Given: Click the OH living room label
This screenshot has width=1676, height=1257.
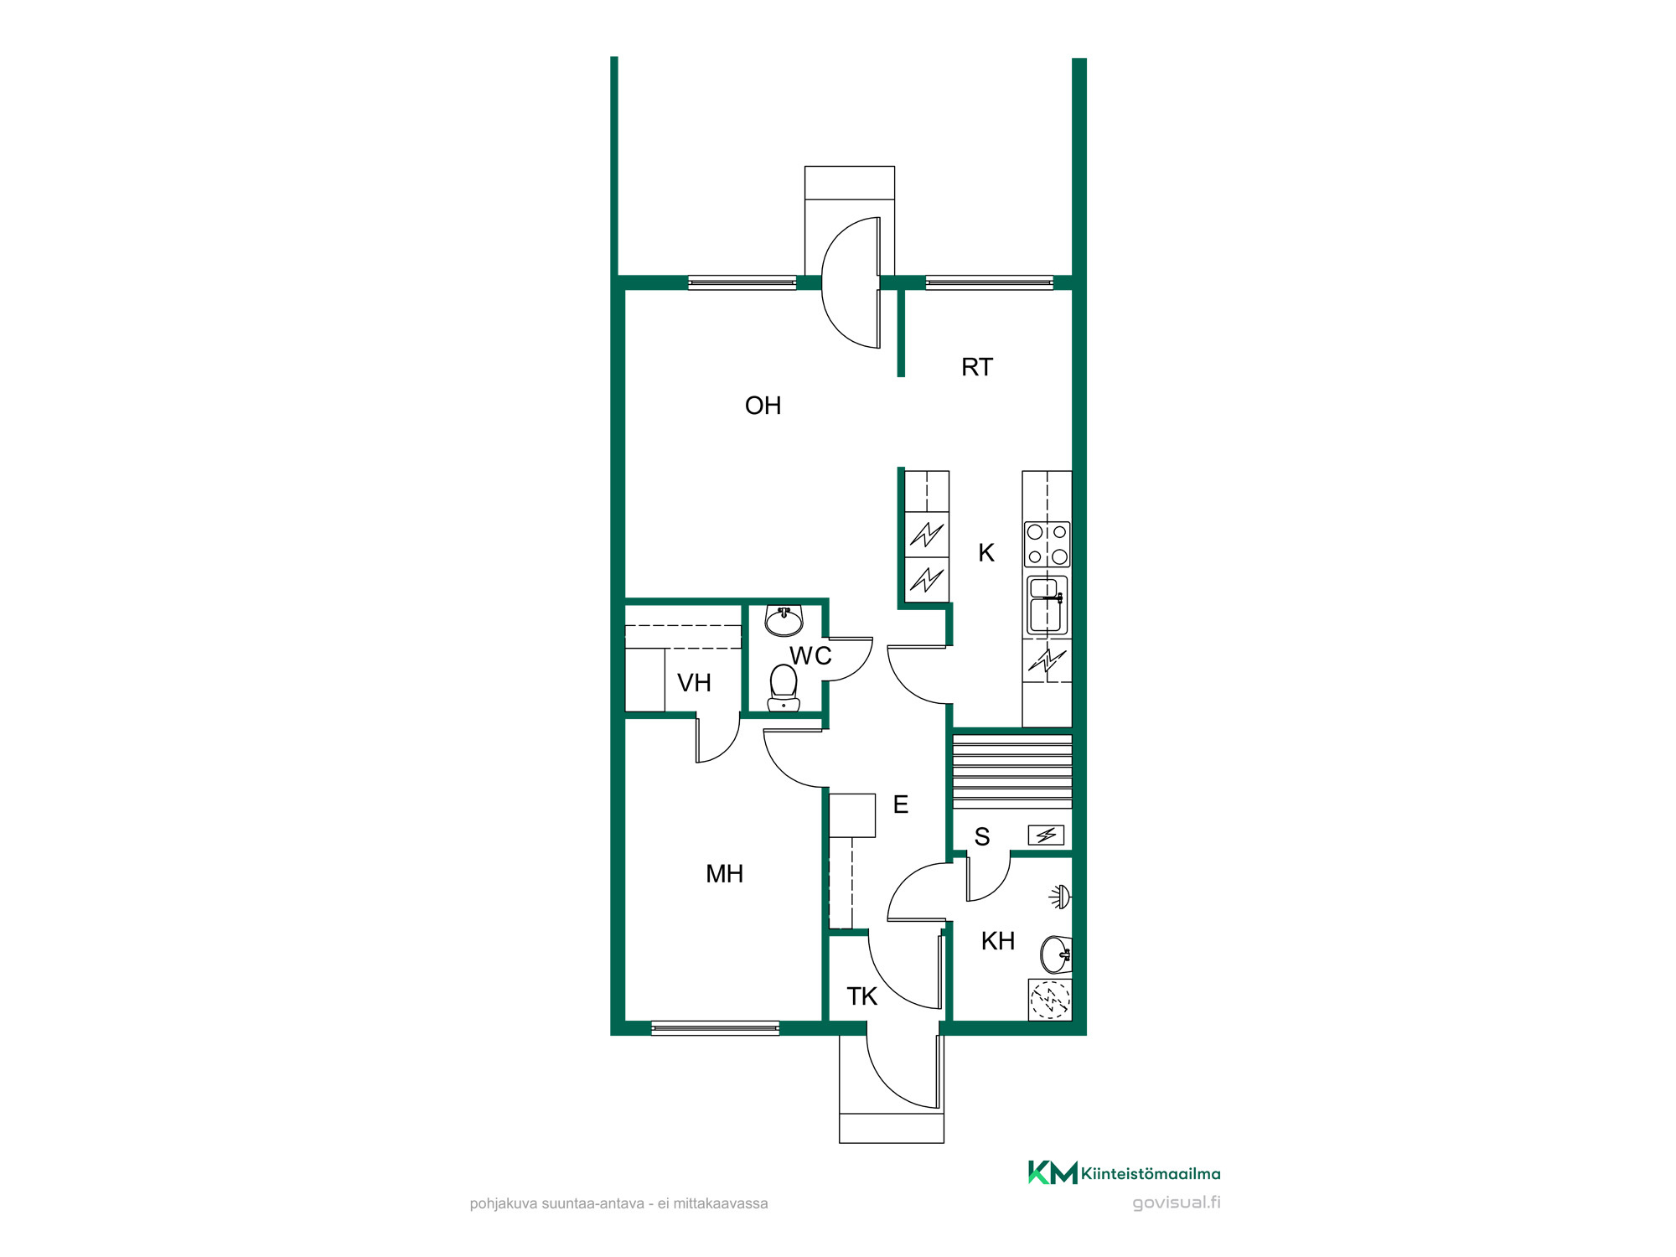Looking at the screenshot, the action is pyautogui.click(x=763, y=406).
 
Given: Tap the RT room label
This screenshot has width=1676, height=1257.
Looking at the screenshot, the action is pyautogui.click(x=976, y=367).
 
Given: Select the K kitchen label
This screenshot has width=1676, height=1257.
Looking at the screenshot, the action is pyautogui.click(x=986, y=553).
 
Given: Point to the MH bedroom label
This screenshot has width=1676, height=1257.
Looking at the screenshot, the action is pyautogui.click(x=724, y=874).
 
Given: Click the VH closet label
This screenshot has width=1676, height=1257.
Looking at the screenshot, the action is pyautogui.click(x=694, y=683).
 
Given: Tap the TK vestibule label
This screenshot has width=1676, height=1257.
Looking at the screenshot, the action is pyautogui.click(x=861, y=996).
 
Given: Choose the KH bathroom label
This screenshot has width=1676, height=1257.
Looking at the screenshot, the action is pyautogui.click(x=997, y=941).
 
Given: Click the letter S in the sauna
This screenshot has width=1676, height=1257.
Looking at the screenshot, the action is pyautogui.click(x=982, y=836).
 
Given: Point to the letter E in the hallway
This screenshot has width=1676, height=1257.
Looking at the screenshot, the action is pyautogui.click(x=901, y=804).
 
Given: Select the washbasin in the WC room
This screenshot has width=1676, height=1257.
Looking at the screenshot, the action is pyautogui.click(x=784, y=621).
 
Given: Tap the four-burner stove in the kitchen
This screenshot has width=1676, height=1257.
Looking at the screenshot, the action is pyautogui.click(x=1047, y=544).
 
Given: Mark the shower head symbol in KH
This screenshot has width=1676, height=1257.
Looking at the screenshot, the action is pyautogui.click(x=1061, y=897).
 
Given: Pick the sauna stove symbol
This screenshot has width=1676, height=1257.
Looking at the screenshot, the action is pyautogui.click(x=1046, y=835).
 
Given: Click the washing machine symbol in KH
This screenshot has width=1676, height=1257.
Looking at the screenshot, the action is pyautogui.click(x=1050, y=1000).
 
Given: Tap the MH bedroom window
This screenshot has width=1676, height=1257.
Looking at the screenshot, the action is pyautogui.click(x=716, y=1028).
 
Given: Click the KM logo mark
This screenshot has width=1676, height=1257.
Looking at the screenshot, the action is pyautogui.click(x=1053, y=1172).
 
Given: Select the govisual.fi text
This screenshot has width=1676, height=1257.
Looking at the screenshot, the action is pyautogui.click(x=1176, y=1203).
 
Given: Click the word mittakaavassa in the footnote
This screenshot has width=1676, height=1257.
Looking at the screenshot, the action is pyautogui.click(x=721, y=1203).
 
